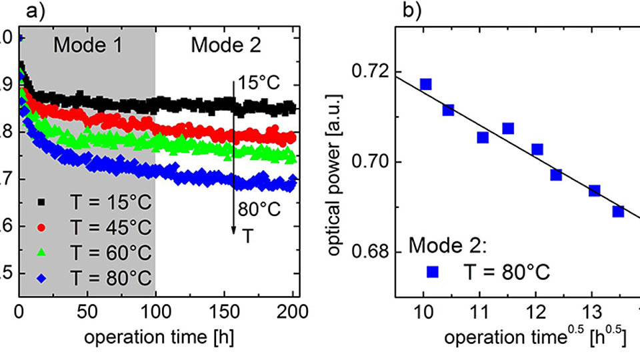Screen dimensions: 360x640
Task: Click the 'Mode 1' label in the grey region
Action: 87,45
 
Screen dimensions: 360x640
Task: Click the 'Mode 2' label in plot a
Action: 226,45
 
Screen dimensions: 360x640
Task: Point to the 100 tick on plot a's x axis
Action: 155,309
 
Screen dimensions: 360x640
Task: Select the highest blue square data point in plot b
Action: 425,84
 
